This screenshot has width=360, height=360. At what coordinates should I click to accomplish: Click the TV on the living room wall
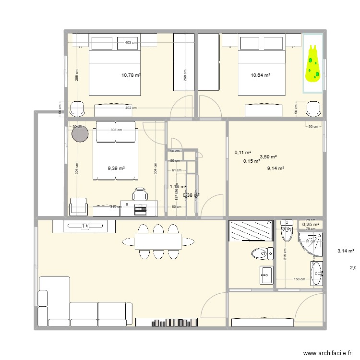86,225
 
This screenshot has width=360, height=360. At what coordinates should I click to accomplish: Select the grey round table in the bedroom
80,133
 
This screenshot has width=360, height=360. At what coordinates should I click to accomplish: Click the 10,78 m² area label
131,75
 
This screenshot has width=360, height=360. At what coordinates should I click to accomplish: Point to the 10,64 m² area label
260,75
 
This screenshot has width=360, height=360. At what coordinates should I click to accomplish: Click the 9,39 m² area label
116,168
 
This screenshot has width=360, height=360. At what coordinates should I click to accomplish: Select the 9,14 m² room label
276,168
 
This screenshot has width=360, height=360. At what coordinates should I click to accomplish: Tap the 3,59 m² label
268,156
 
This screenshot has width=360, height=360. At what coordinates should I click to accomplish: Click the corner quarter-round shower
310,245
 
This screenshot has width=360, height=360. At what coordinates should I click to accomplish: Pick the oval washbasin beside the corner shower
317,274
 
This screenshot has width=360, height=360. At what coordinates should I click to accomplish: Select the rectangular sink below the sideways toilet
265,275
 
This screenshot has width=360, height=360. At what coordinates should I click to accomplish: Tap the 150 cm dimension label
300,279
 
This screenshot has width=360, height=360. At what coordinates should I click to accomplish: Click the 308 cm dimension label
116,130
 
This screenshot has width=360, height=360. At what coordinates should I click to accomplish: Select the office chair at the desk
140,195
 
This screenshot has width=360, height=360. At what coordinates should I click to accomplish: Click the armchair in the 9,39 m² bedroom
79,207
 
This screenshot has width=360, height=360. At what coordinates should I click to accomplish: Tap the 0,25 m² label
311,224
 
